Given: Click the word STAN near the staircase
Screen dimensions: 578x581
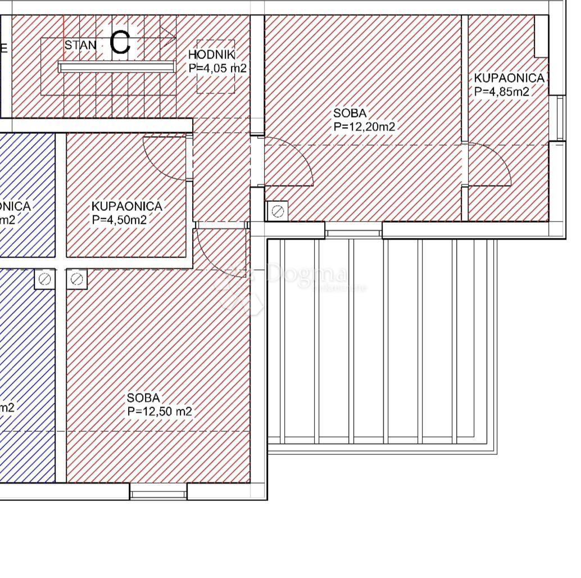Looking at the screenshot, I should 80,45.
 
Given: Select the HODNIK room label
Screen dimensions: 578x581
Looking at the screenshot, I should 211,55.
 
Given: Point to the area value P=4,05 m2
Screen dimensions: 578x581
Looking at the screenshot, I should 218,68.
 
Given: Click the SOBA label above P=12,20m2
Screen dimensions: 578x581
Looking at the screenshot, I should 349,114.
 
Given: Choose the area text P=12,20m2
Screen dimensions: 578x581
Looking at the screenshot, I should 365,127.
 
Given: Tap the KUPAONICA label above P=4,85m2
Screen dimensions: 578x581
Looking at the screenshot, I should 509,78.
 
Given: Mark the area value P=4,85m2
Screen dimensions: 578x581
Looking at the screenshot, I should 502,92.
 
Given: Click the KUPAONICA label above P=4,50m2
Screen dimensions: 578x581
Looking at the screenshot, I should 127,206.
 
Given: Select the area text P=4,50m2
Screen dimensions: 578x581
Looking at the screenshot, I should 119,220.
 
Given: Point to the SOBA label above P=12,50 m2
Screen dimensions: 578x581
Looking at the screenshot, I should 143,398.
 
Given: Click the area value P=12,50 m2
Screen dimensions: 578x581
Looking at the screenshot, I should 160,412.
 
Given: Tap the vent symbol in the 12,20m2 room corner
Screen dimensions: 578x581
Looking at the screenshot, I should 277,211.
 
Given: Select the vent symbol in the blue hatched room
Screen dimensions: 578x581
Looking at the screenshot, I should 45,279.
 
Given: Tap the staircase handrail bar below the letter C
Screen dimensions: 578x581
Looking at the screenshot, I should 116,67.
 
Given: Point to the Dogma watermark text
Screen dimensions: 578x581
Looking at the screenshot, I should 307,274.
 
